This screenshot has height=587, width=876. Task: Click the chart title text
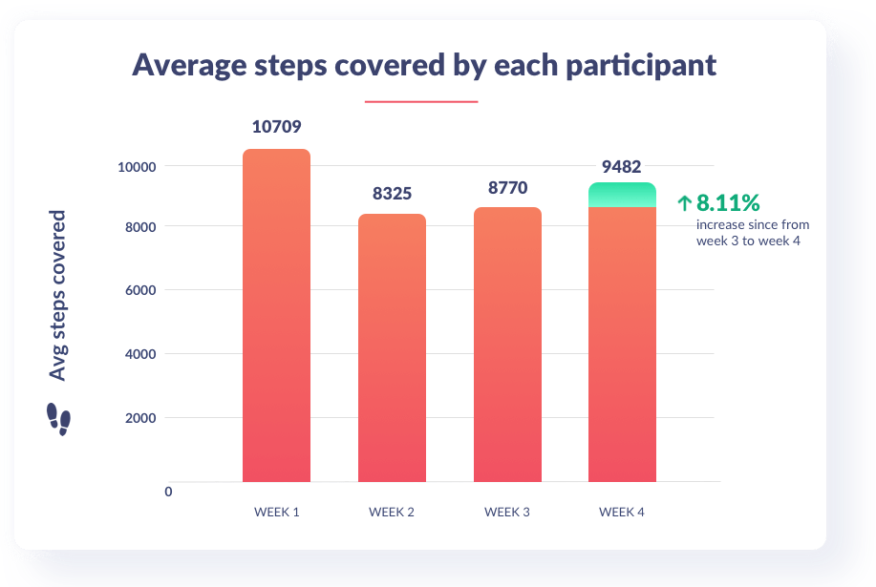(423, 65)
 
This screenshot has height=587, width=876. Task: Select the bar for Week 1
(276, 315)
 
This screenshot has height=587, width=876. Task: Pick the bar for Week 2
(392, 348)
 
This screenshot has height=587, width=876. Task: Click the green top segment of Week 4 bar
(622, 195)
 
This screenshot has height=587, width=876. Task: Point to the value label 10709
(276, 127)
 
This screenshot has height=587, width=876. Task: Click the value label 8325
(392, 194)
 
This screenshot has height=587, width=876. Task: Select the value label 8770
(507, 188)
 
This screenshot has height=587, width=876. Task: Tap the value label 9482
(622, 165)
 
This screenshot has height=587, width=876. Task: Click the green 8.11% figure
(727, 202)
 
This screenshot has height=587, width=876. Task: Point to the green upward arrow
(684, 202)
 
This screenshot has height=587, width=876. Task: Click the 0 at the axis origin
(168, 492)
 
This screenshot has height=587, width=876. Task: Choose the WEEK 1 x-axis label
(276, 513)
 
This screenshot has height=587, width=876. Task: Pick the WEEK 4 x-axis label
(622, 513)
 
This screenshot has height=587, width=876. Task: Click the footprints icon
(59, 418)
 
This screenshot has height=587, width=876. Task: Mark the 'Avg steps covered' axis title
(59, 295)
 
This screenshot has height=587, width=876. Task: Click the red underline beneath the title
(421, 101)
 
